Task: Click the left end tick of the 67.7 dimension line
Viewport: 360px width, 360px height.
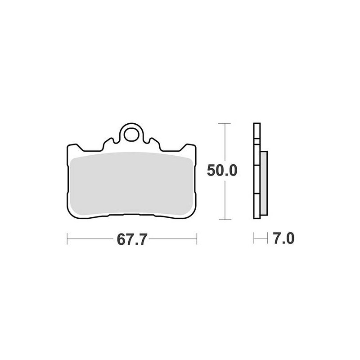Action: pos(67,239)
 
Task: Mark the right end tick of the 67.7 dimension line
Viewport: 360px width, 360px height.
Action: pos(197,239)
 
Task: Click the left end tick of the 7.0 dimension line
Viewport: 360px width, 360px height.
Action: pos(254,238)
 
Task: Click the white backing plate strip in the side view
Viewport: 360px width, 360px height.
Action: pos(256,171)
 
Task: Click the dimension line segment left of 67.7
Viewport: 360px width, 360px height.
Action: pos(90,239)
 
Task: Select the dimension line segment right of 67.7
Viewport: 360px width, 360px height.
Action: pos(173,239)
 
